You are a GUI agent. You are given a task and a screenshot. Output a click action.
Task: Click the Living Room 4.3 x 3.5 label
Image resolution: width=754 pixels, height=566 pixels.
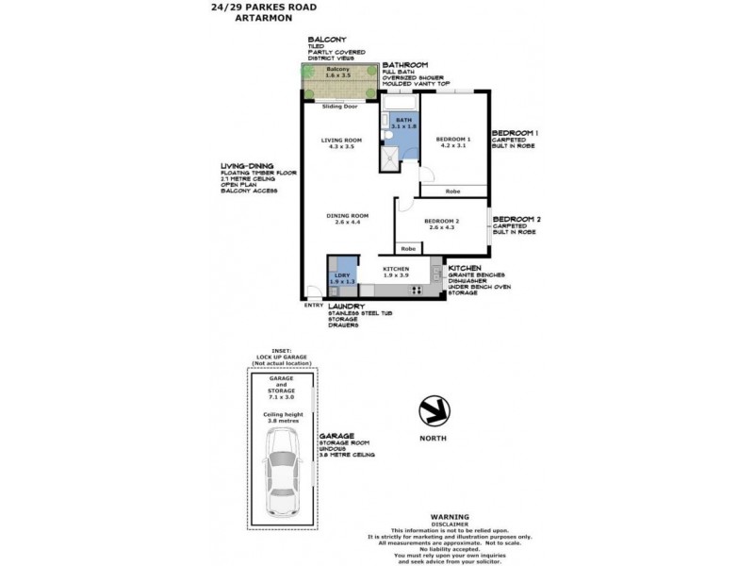(340, 142)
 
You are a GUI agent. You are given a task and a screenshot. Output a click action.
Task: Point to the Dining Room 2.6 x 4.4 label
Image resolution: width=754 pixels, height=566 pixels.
(347, 219)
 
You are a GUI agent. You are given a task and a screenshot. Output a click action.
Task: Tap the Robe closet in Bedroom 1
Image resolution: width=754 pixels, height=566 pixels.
(452, 191)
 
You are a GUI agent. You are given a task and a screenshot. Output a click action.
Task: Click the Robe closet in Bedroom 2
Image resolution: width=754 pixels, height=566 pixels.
(408, 248)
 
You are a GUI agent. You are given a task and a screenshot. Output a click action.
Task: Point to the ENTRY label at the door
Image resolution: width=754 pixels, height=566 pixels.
(313, 304)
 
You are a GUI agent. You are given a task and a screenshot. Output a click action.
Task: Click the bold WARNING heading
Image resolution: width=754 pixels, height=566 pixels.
(450, 517)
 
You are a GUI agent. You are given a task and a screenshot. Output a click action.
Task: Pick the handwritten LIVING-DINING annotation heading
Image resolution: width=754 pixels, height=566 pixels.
(245, 167)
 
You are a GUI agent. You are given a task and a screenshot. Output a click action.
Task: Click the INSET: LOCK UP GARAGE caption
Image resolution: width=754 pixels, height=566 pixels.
(283, 355)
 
